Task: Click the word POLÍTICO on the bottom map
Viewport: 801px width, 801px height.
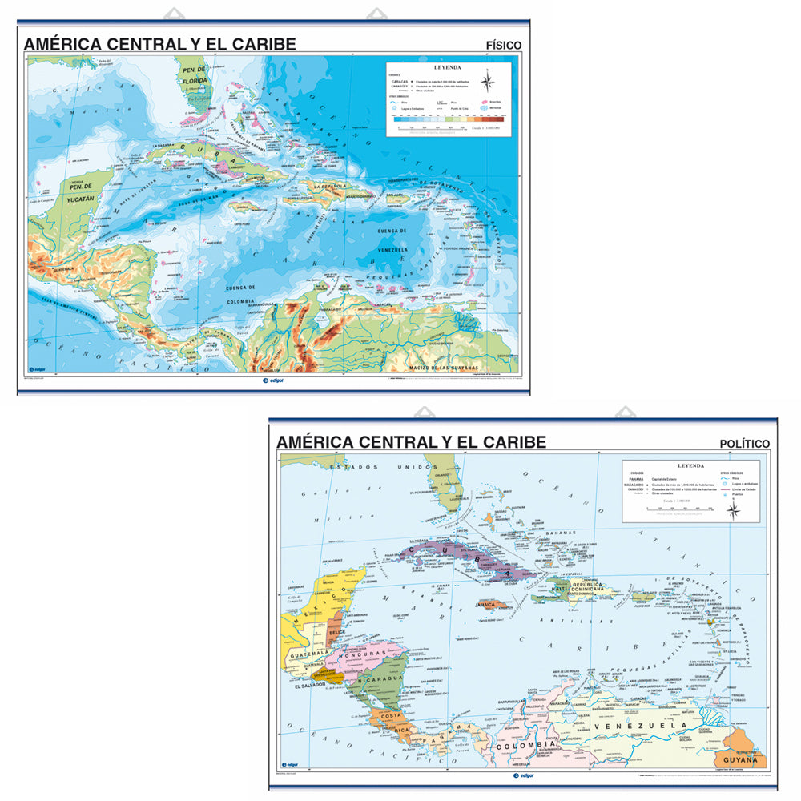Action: pos(744,443)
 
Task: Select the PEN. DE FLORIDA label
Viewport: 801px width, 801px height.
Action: pos(193,76)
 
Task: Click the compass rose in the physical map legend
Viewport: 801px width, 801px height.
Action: pos(488,82)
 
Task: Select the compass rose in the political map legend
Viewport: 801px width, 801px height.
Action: pos(733,509)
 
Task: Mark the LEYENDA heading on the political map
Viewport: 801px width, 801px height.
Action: pos(690,465)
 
